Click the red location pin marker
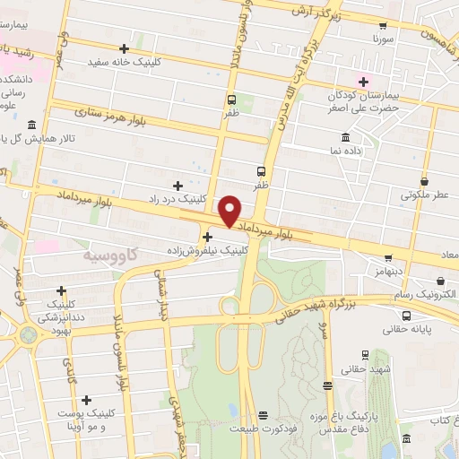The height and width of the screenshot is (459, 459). [x=230, y=210]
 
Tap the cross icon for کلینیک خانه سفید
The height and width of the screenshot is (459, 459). [x=124, y=48]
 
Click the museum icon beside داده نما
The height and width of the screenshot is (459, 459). [x=345, y=137]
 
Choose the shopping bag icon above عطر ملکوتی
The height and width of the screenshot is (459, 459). [x=427, y=178]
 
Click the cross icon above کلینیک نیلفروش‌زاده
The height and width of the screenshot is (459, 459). [x=208, y=238]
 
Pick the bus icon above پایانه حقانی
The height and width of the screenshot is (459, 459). [x=405, y=316]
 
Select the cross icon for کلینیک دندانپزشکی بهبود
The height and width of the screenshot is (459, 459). [x=61, y=290]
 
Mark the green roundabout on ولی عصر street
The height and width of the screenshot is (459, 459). [x=28, y=335]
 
